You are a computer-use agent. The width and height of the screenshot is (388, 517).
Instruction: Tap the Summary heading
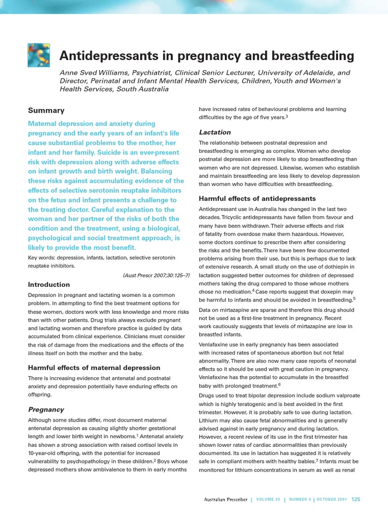click(46, 110)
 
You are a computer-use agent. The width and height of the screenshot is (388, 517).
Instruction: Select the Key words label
click(42, 257)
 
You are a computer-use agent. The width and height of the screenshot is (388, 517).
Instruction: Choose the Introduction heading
click(49, 284)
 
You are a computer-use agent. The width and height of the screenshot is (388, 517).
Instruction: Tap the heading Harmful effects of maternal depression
click(94, 368)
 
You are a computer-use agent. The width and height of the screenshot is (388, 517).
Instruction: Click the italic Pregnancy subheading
click(46, 409)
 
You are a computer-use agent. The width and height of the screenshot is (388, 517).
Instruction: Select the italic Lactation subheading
click(215, 132)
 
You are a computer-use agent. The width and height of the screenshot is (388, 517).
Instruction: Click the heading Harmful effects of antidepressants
click(257, 198)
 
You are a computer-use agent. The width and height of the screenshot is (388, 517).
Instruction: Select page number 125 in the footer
click(356, 500)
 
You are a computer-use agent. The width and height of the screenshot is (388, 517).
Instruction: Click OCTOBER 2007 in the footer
click(331, 500)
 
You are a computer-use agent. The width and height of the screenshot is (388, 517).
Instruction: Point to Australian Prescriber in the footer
click(225, 500)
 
